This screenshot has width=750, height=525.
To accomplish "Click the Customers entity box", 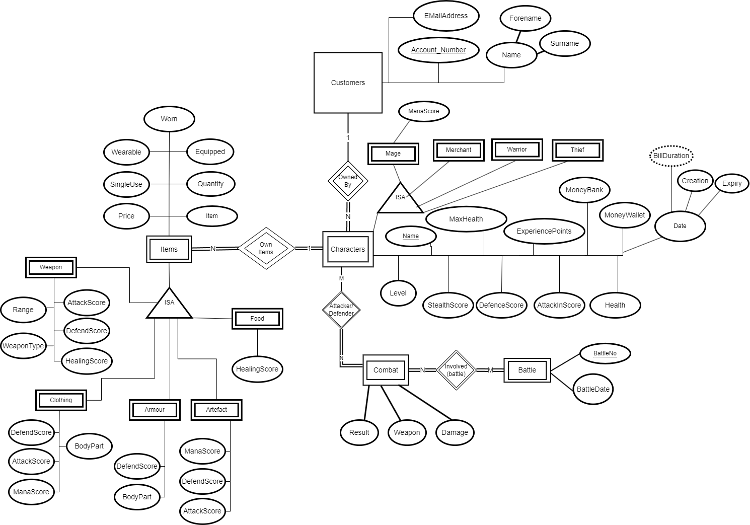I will coord(348,83).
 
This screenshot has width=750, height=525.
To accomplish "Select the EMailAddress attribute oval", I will coord(445,16).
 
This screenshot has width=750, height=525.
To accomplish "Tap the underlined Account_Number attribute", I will coord(438,50).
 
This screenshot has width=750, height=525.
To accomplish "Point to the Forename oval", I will coord(525,18).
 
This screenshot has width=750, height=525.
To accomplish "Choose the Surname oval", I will coord(564,43).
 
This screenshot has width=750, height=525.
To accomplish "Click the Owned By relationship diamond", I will coord(348,181).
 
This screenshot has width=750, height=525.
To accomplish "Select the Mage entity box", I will coord(393,154).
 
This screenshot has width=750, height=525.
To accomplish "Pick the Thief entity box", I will coord(577,150).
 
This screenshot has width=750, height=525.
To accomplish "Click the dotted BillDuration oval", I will coord(671,156).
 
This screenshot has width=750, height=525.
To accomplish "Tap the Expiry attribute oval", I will coord(731,183).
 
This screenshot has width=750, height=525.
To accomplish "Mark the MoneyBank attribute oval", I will coord(584,190).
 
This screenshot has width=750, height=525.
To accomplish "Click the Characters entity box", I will coord(348,249).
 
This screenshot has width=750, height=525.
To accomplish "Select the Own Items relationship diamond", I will coord(266,248).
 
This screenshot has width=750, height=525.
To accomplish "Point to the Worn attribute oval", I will coord(169,119).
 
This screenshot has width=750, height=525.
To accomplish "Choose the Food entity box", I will coord(257,319).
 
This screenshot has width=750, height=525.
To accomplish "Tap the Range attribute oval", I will coord(23,310).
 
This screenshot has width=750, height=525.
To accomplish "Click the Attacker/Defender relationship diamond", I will coord(341,310).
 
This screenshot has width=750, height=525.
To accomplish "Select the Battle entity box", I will coord(527,370).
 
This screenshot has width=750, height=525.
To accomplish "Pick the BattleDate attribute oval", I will coord(593,389).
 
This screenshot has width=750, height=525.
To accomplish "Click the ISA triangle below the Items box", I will coord(169,305).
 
